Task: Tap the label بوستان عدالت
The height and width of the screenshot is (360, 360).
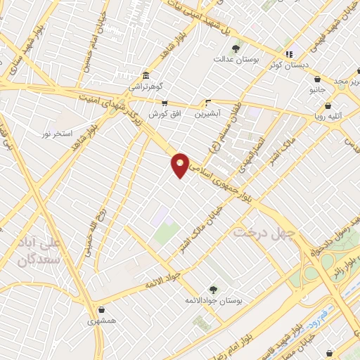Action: point(236,60)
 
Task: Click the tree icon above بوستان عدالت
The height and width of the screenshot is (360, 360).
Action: point(236,49)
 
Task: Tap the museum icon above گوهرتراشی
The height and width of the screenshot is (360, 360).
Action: point(145,76)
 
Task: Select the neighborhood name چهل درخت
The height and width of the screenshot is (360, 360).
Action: point(267,231)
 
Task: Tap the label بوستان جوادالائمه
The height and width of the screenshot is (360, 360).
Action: point(214,301)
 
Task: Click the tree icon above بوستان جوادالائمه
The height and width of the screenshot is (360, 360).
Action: point(213,289)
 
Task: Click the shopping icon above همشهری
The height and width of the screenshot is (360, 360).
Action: point(103,309)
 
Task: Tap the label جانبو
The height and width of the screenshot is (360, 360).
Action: point(319,90)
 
